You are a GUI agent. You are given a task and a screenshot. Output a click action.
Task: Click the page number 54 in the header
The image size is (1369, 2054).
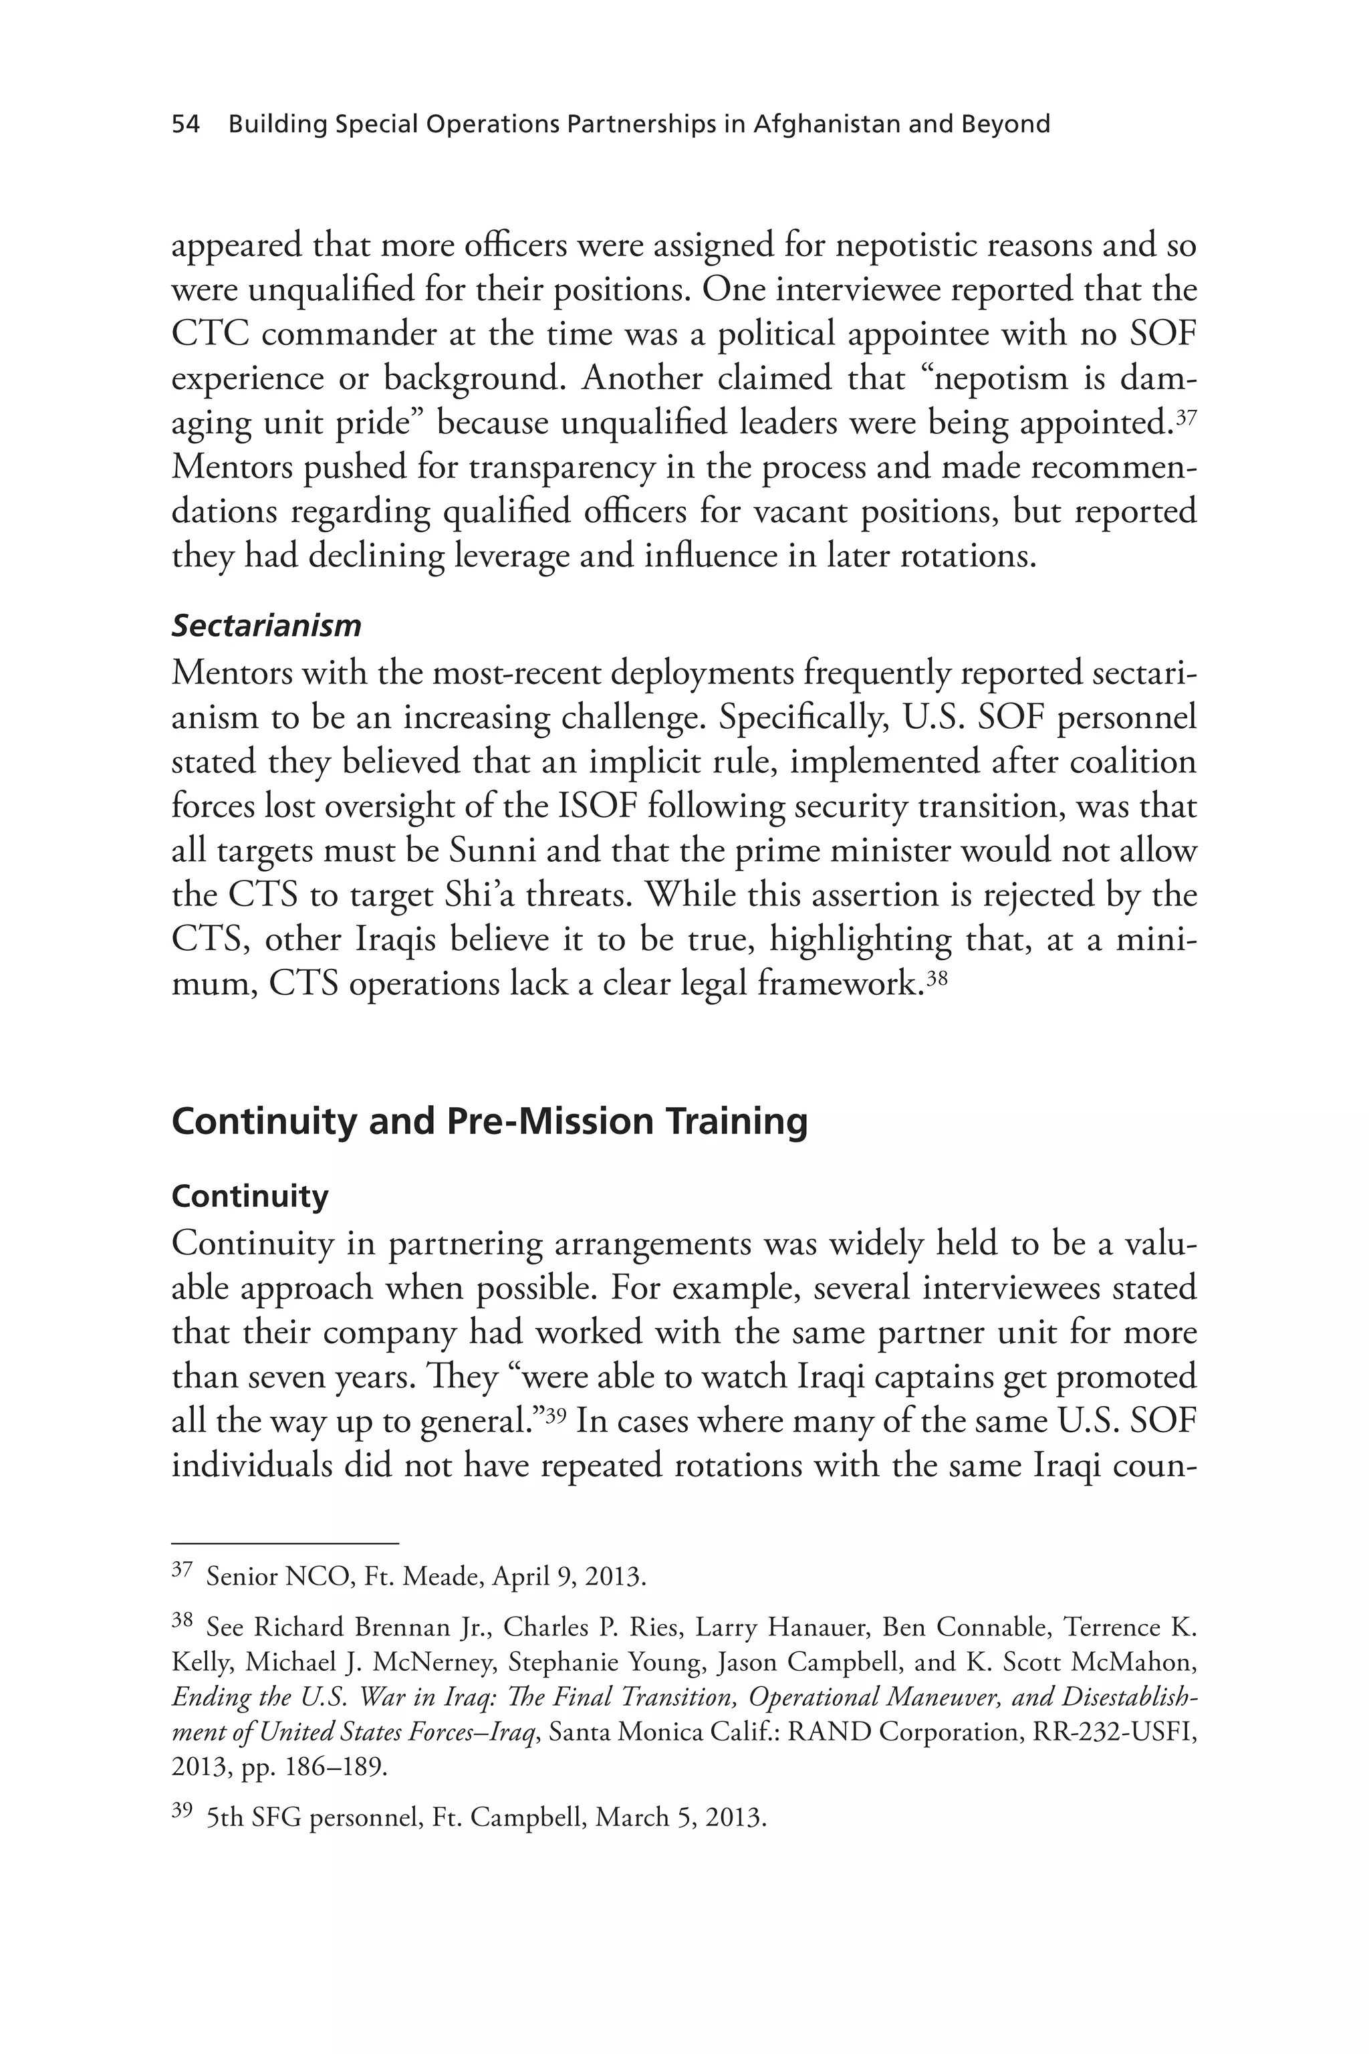[185, 124]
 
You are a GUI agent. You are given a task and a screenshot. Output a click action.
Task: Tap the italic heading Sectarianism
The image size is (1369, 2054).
[266, 625]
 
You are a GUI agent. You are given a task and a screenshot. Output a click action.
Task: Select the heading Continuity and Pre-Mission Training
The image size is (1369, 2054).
[489, 1122]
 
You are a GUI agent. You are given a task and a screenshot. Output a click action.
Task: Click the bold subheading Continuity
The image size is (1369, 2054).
[250, 1195]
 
